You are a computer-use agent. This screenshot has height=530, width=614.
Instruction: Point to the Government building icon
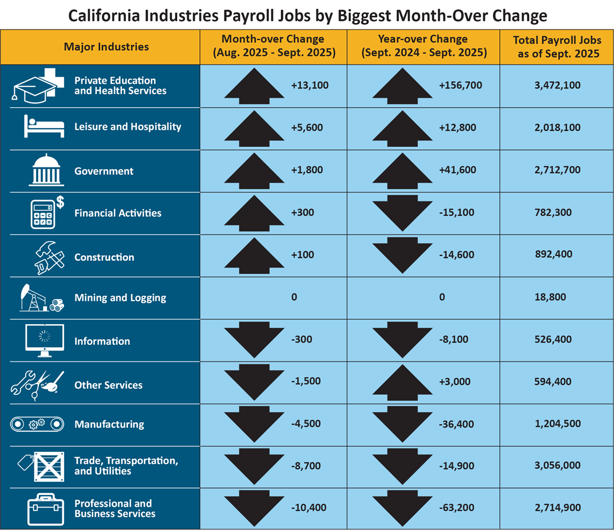coord(44,169)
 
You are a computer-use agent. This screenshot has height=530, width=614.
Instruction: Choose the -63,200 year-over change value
coord(457,508)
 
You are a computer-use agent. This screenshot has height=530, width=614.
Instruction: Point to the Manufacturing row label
coord(109,424)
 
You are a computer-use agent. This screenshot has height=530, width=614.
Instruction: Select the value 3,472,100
coord(556,85)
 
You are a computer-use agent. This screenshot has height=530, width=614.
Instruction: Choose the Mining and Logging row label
coord(120,298)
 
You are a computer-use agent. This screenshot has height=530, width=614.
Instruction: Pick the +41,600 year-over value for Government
coord(457,170)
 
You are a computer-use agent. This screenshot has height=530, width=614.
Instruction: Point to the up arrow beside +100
coord(254,255)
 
